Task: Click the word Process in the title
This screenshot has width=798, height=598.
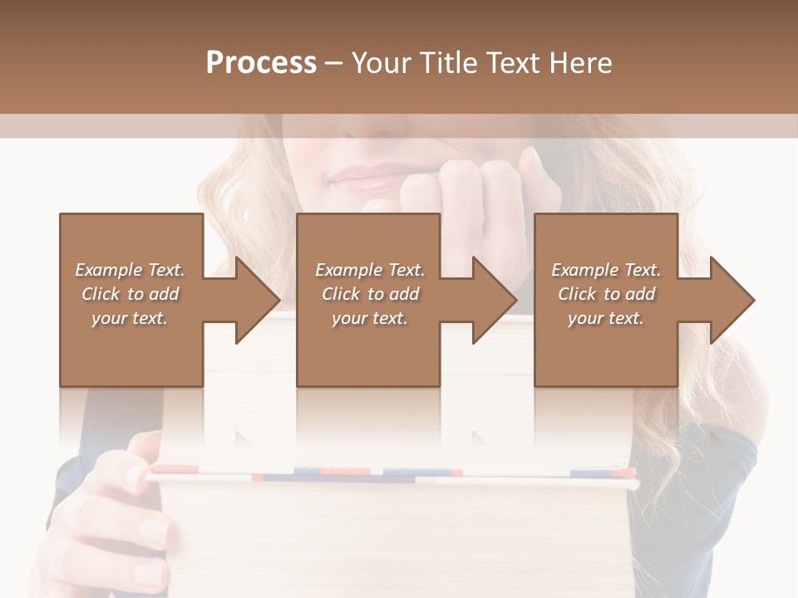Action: coord(261,63)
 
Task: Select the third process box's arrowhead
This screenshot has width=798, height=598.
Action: coord(731,300)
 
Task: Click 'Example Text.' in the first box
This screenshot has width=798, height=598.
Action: coord(130,270)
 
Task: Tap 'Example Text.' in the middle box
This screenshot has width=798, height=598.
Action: coord(370,270)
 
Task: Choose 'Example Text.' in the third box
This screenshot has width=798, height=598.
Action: coord(606,270)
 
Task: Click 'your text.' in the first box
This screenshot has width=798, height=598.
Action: coord(130,318)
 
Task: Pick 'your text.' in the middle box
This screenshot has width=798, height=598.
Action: coord(370,318)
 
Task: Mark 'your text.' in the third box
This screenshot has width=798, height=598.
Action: coord(606,318)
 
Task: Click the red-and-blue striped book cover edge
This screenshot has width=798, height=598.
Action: coord(391,474)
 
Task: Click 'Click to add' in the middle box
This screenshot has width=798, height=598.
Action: coord(370,294)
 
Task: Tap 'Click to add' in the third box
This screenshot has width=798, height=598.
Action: coord(606,294)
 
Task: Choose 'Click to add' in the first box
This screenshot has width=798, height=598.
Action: coord(130,294)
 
